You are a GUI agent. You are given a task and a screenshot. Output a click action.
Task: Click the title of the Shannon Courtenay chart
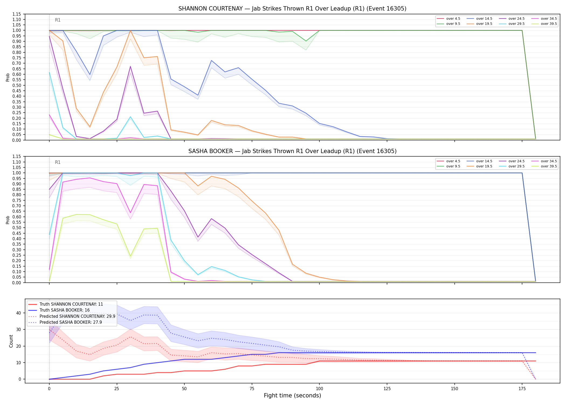[x=292, y=9]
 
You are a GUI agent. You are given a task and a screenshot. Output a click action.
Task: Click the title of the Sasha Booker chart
[x=292, y=151]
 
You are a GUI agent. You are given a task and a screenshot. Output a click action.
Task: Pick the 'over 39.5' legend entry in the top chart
[x=544, y=24]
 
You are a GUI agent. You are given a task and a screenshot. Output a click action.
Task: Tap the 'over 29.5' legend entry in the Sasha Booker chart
[x=512, y=166]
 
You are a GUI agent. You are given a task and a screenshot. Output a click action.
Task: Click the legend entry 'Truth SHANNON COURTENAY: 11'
[x=66, y=304]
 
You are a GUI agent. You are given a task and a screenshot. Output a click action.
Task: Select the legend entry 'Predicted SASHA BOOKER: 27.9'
[x=65, y=322]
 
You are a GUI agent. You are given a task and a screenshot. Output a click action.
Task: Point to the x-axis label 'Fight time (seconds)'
[x=292, y=396]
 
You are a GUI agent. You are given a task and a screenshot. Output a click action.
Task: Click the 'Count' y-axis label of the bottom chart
[x=11, y=341]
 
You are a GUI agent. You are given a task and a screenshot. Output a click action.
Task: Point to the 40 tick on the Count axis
[x=19, y=313]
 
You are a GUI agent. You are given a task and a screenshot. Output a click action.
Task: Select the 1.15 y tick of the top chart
[x=17, y=14]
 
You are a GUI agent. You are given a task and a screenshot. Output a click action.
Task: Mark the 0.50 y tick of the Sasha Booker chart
[x=17, y=228]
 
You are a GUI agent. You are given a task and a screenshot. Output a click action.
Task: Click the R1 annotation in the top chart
[x=58, y=20]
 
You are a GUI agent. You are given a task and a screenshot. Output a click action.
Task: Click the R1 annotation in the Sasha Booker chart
[x=58, y=162]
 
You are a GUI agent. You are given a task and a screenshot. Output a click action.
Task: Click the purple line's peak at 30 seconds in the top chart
[x=130, y=66]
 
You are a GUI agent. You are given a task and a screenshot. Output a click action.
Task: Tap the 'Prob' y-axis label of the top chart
[x=8, y=77]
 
